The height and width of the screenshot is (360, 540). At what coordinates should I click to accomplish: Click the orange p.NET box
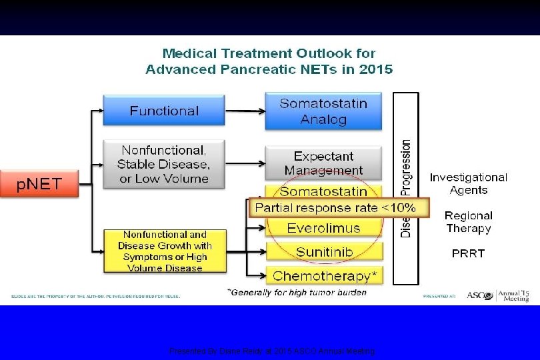coord(39,183)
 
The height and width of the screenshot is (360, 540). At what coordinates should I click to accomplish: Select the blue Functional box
coord(164,111)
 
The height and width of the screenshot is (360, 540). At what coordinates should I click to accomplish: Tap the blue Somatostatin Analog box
coord(323,111)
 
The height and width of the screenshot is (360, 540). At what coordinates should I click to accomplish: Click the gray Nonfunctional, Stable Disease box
coord(164,164)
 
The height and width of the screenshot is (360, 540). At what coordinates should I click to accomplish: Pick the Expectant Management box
coord(323,163)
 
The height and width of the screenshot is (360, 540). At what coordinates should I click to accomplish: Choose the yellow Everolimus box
coord(323,228)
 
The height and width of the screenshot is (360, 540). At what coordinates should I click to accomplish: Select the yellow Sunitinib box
coord(325,252)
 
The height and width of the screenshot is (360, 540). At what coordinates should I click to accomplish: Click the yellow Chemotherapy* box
coord(324,275)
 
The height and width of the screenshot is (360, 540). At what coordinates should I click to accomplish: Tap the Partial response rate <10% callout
coord(335,207)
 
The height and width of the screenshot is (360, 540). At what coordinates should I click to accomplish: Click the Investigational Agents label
coord(468,183)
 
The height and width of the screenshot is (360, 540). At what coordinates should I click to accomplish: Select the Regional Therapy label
coord(468,222)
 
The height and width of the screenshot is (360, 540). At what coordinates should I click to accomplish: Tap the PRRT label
coord(468,253)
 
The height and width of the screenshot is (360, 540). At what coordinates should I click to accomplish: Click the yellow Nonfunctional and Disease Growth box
coord(164,251)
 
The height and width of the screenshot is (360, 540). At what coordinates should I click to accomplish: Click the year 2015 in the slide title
coord(375,69)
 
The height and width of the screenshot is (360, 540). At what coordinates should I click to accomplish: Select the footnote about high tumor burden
coord(297,292)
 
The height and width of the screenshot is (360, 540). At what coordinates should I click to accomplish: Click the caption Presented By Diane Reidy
coord(272,351)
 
